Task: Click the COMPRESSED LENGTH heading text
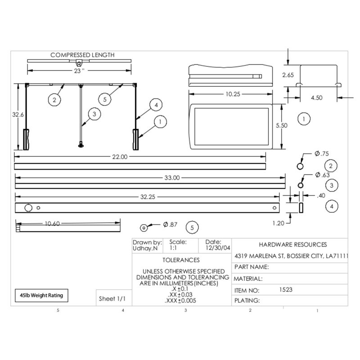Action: pyautogui.click(x=82, y=55)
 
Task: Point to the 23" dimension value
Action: pyautogui.click(x=79, y=71)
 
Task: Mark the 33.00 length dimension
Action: pyautogui.click(x=172, y=178)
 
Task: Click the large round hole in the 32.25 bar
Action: pyautogui.click(x=28, y=208)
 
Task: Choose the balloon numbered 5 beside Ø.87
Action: pyautogui.click(x=192, y=228)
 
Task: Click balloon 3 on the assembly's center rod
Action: pyautogui.click(x=94, y=114)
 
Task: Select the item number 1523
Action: pyautogui.click(x=286, y=290)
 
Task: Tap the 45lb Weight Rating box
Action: pyautogui.click(x=41, y=295)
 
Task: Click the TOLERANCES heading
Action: pyautogui.click(x=180, y=260)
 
